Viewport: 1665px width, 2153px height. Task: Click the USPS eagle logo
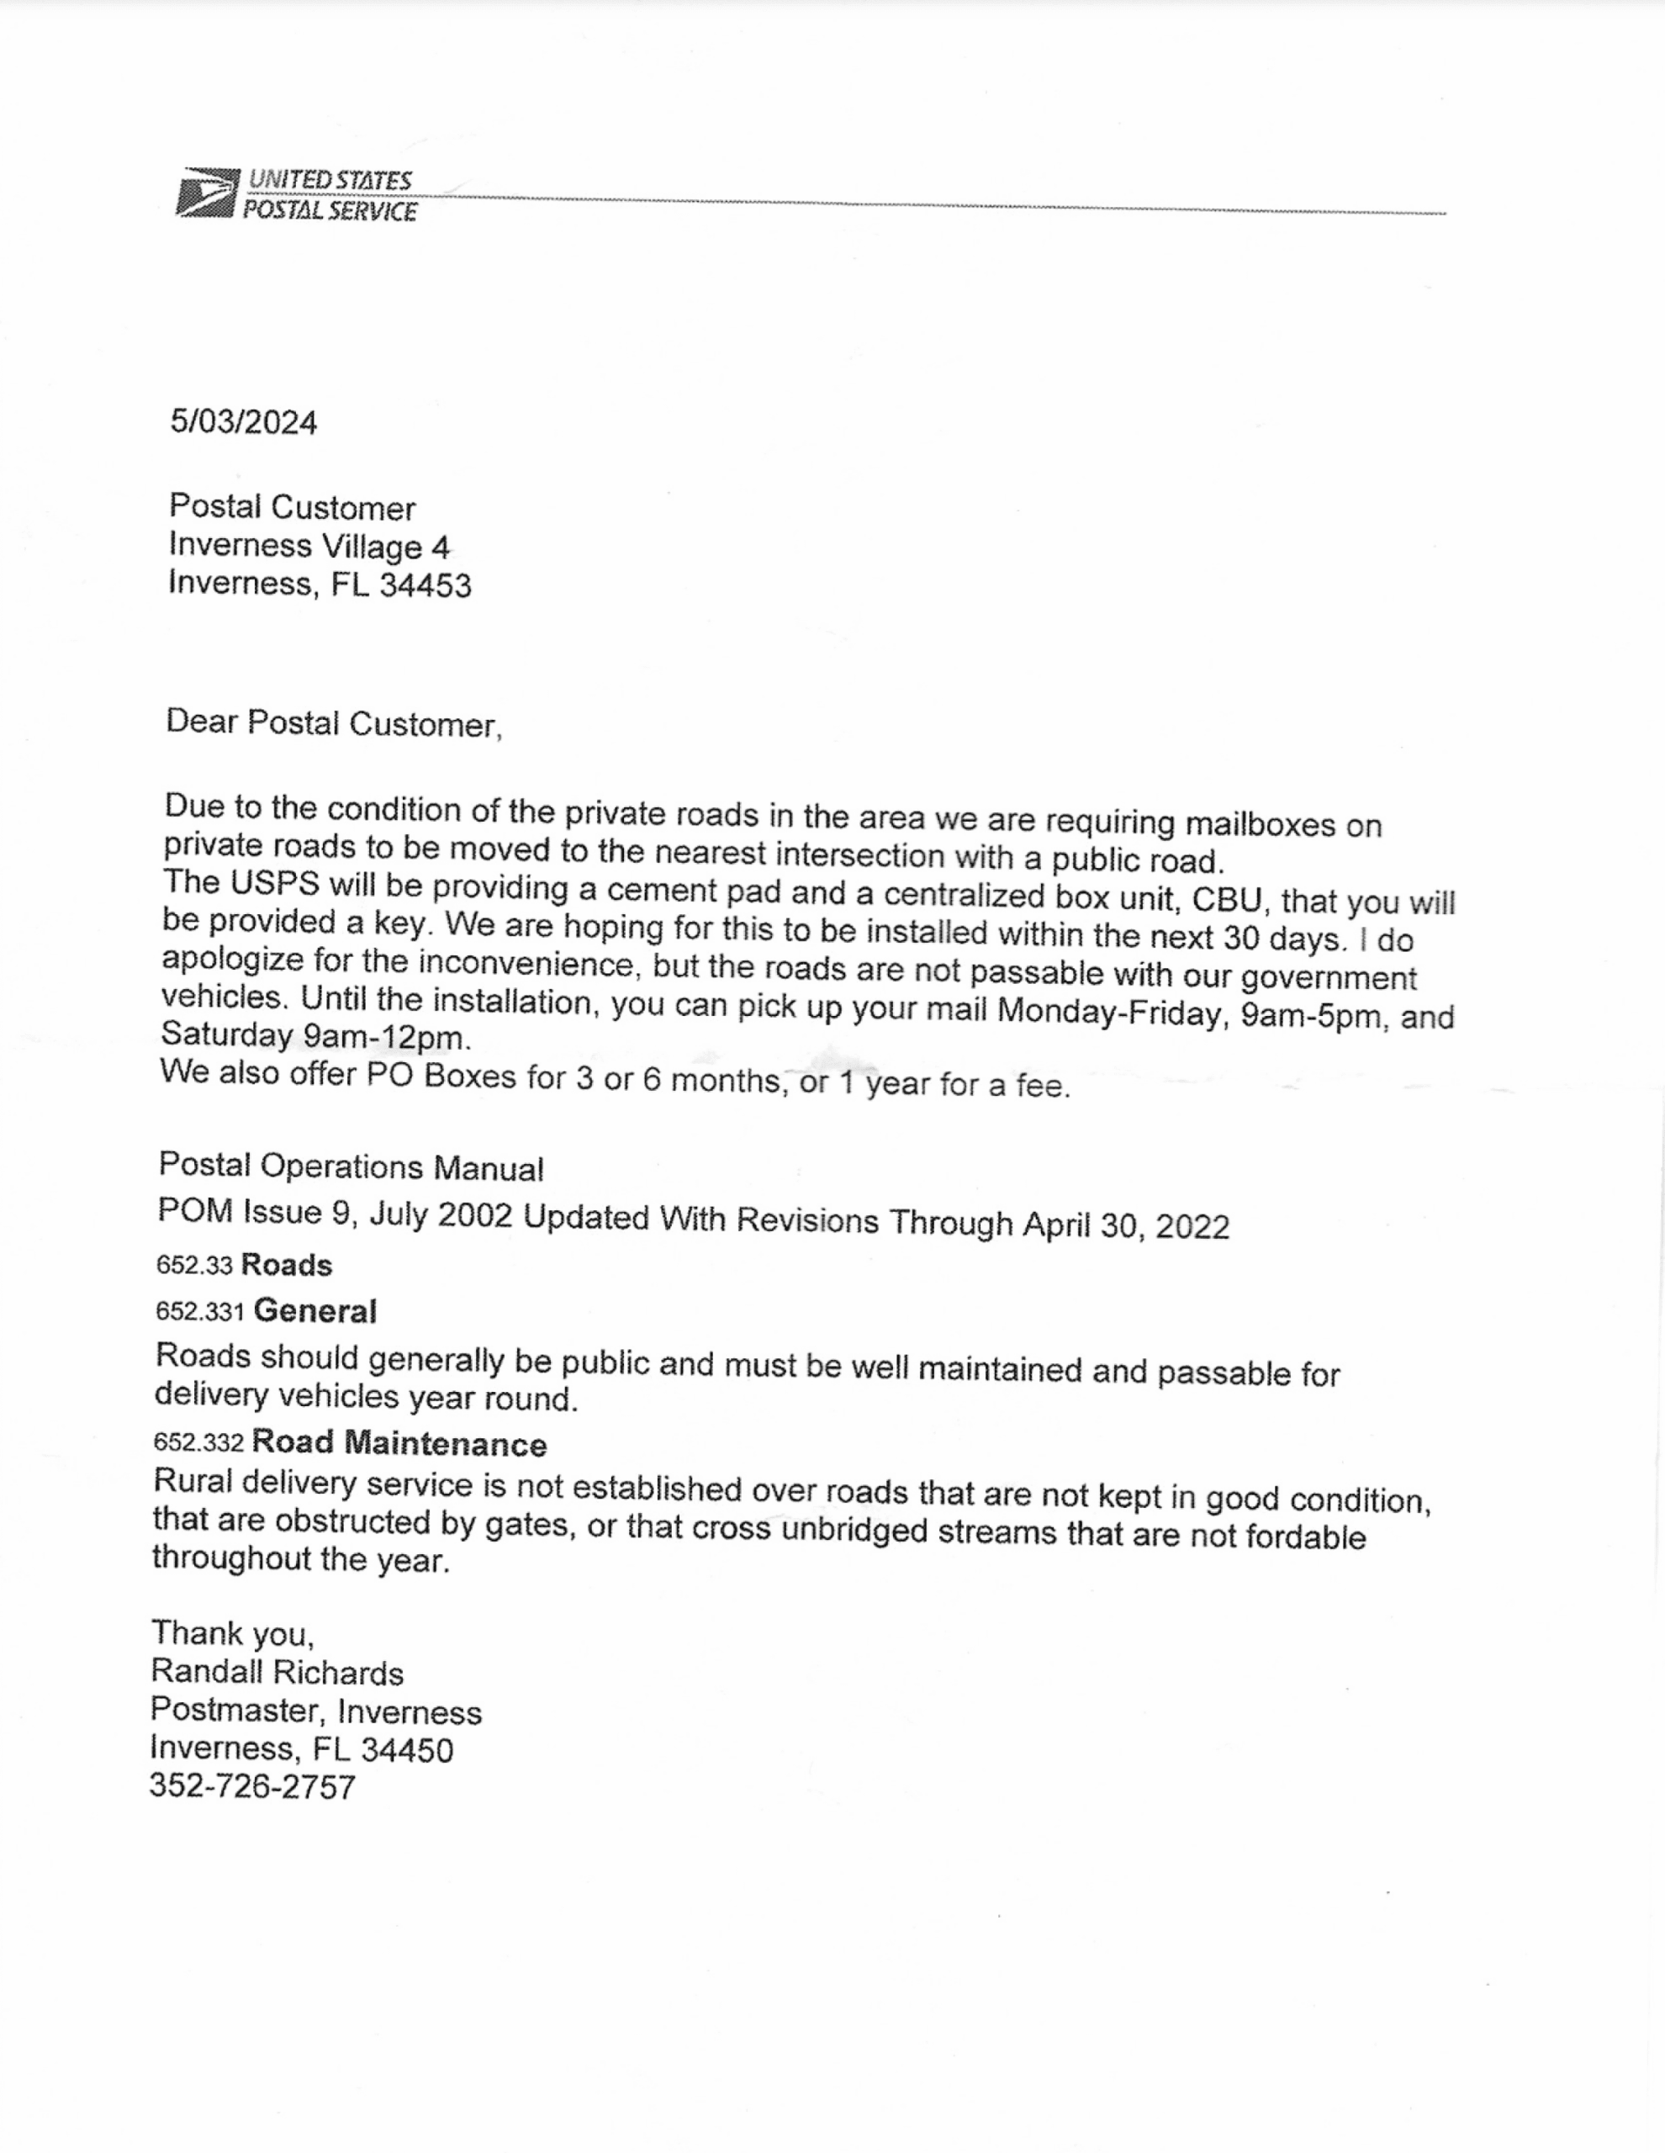pyautogui.click(x=208, y=193)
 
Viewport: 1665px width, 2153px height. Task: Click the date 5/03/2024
pyautogui.click(x=244, y=423)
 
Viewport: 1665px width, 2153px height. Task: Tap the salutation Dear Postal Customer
pyautogui.click(x=333, y=722)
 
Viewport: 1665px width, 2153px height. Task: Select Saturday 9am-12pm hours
pyautogui.click(x=315, y=1036)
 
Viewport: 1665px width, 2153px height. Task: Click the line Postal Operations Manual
pyautogui.click(x=351, y=1167)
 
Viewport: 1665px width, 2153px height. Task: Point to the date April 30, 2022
pyautogui.click(x=1126, y=1225)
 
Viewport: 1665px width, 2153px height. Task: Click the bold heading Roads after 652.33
pyautogui.click(x=286, y=1265)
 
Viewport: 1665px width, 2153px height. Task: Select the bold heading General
pyautogui.click(x=314, y=1311)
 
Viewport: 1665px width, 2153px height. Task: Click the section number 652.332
pyautogui.click(x=198, y=1442)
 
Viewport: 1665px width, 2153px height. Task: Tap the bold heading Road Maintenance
pyautogui.click(x=399, y=1443)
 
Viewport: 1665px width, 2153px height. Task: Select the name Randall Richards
pyautogui.click(x=277, y=1673)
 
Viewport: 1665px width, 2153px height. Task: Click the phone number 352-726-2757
pyautogui.click(x=252, y=1786)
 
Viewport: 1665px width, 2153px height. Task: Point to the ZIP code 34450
pyautogui.click(x=407, y=1750)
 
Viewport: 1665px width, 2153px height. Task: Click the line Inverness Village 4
pyautogui.click(x=309, y=546)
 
